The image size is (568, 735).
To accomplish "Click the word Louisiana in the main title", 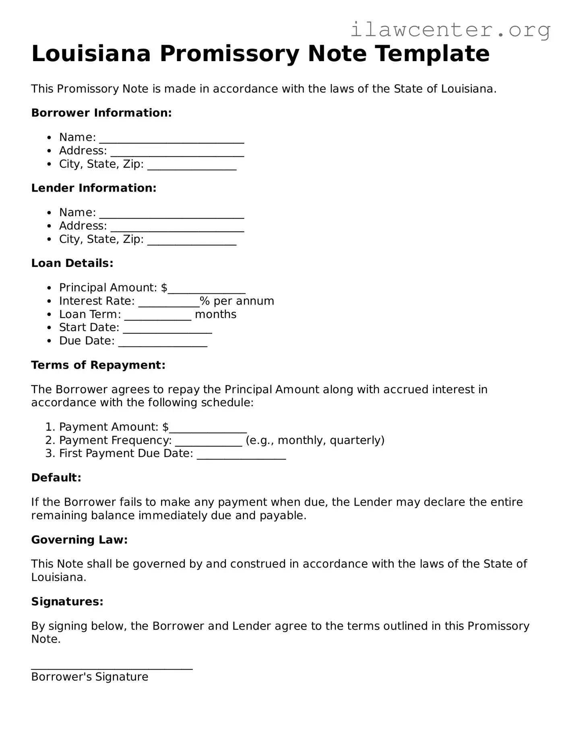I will (x=91, y=54).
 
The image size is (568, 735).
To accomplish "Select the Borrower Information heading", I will (x=101, y=113).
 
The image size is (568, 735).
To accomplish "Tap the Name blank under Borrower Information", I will (x=171, y=139).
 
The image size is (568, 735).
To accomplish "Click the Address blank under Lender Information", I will (x=177, y=228).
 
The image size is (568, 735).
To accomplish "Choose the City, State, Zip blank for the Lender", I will (x=192, y=241).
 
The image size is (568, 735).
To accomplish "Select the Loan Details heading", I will (x=72, y=263).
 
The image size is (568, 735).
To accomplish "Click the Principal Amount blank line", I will (x=207, y=290).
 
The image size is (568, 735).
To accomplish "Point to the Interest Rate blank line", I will (x=169, y=303).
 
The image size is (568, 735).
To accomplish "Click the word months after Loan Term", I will (x=215, y=314).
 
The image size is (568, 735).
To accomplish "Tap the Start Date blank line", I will (x=167, y=330).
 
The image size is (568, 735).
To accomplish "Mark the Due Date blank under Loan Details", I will (x=163, y=343).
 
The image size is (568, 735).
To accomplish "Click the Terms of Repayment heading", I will (x=98, y=365).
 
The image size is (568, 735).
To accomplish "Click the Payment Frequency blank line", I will (x=209, y=442).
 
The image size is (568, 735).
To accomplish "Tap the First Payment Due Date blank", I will (x=241, y=456).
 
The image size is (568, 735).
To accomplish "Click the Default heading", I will (x=56, y=478).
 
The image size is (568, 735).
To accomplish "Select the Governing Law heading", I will (x=79, y=540).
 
